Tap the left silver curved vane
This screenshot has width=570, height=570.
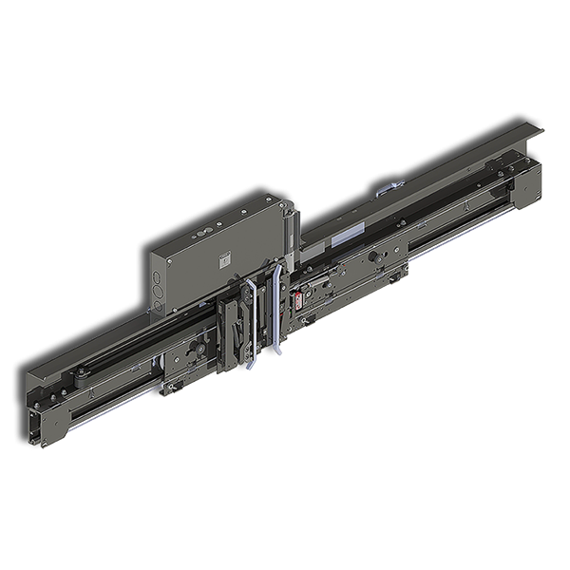[249, 323]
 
